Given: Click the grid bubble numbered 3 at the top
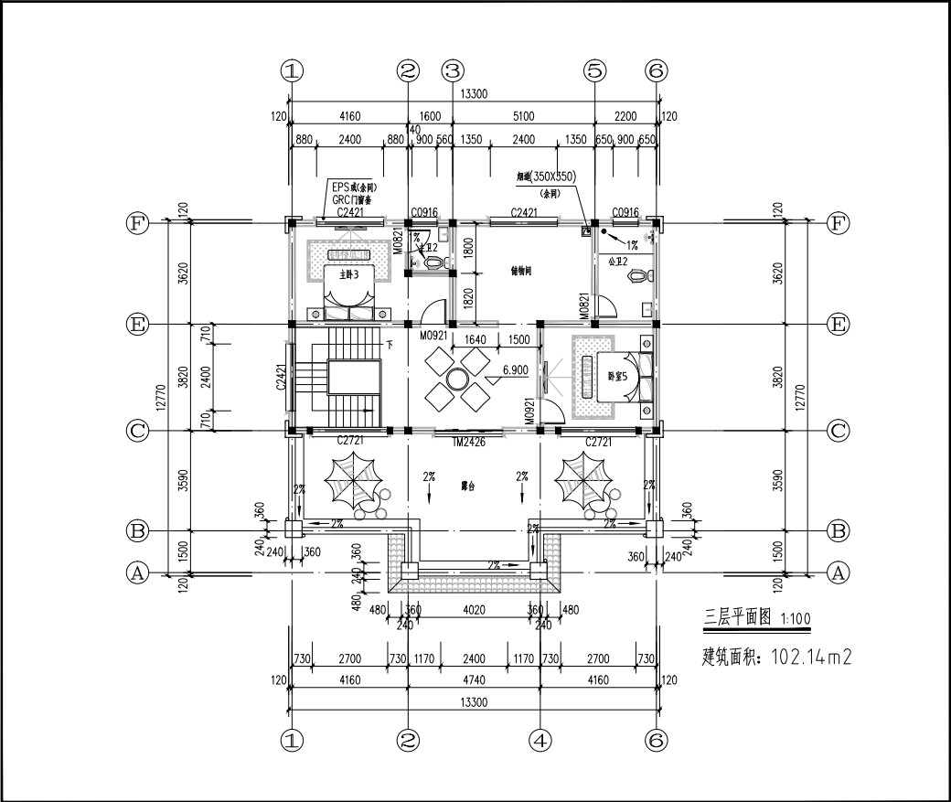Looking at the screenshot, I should point(453,70).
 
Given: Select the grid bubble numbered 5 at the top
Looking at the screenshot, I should point(595,70).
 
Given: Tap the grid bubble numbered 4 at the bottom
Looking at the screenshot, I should point(540,740).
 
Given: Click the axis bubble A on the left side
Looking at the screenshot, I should point(137,573).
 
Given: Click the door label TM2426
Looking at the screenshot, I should point(468,442).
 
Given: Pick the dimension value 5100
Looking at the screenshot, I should point(523,116).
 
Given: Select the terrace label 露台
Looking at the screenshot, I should point(468,487).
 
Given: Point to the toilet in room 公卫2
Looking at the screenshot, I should point(645,274).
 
